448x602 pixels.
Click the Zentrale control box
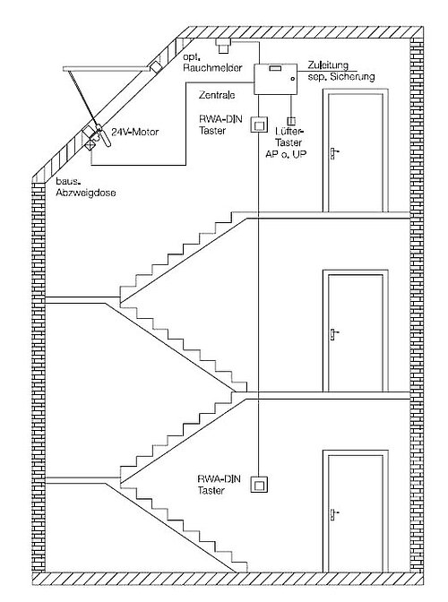(x=275, y=79)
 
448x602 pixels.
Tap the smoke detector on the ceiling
(x=223, y=46)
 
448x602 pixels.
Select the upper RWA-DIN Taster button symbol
(x=259, y=125)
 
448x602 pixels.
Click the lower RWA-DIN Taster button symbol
(x=259, y=485)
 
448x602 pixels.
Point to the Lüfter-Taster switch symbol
(x=291, y=121)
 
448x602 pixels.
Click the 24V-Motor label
(x=134, y=132)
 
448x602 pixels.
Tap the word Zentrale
(x=217, y=95)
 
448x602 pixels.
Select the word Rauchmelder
(x=212, y=68)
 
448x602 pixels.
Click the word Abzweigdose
(x=86, y=193)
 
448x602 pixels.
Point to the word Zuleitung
(x=328, y=65)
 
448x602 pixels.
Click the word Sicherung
(x=351, y=76)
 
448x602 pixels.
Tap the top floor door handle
(x=333, y=153)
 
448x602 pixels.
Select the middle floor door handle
(x=333, y=334)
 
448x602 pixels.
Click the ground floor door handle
(x=333, y=513)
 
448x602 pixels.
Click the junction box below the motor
(x=91, y=145)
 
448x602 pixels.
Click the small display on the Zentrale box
(x=275, y=68)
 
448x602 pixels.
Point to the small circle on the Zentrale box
(x=292, y=79)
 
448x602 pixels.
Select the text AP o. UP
(x=286, y=154)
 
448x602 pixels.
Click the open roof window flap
(x=106, y=69)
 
